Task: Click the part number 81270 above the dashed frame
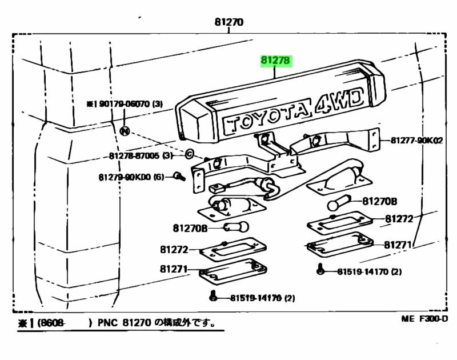point(228,22)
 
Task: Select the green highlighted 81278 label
point(276,61)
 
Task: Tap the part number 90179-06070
point(125,104)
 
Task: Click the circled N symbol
point(125,131)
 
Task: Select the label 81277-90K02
point(417,140)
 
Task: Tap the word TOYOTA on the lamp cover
point(265,119)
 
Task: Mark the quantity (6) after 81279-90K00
point(159,177)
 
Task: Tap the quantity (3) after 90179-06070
point(158,104)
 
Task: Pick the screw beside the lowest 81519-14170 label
point(213,296)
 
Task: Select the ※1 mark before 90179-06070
point(91,104)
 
